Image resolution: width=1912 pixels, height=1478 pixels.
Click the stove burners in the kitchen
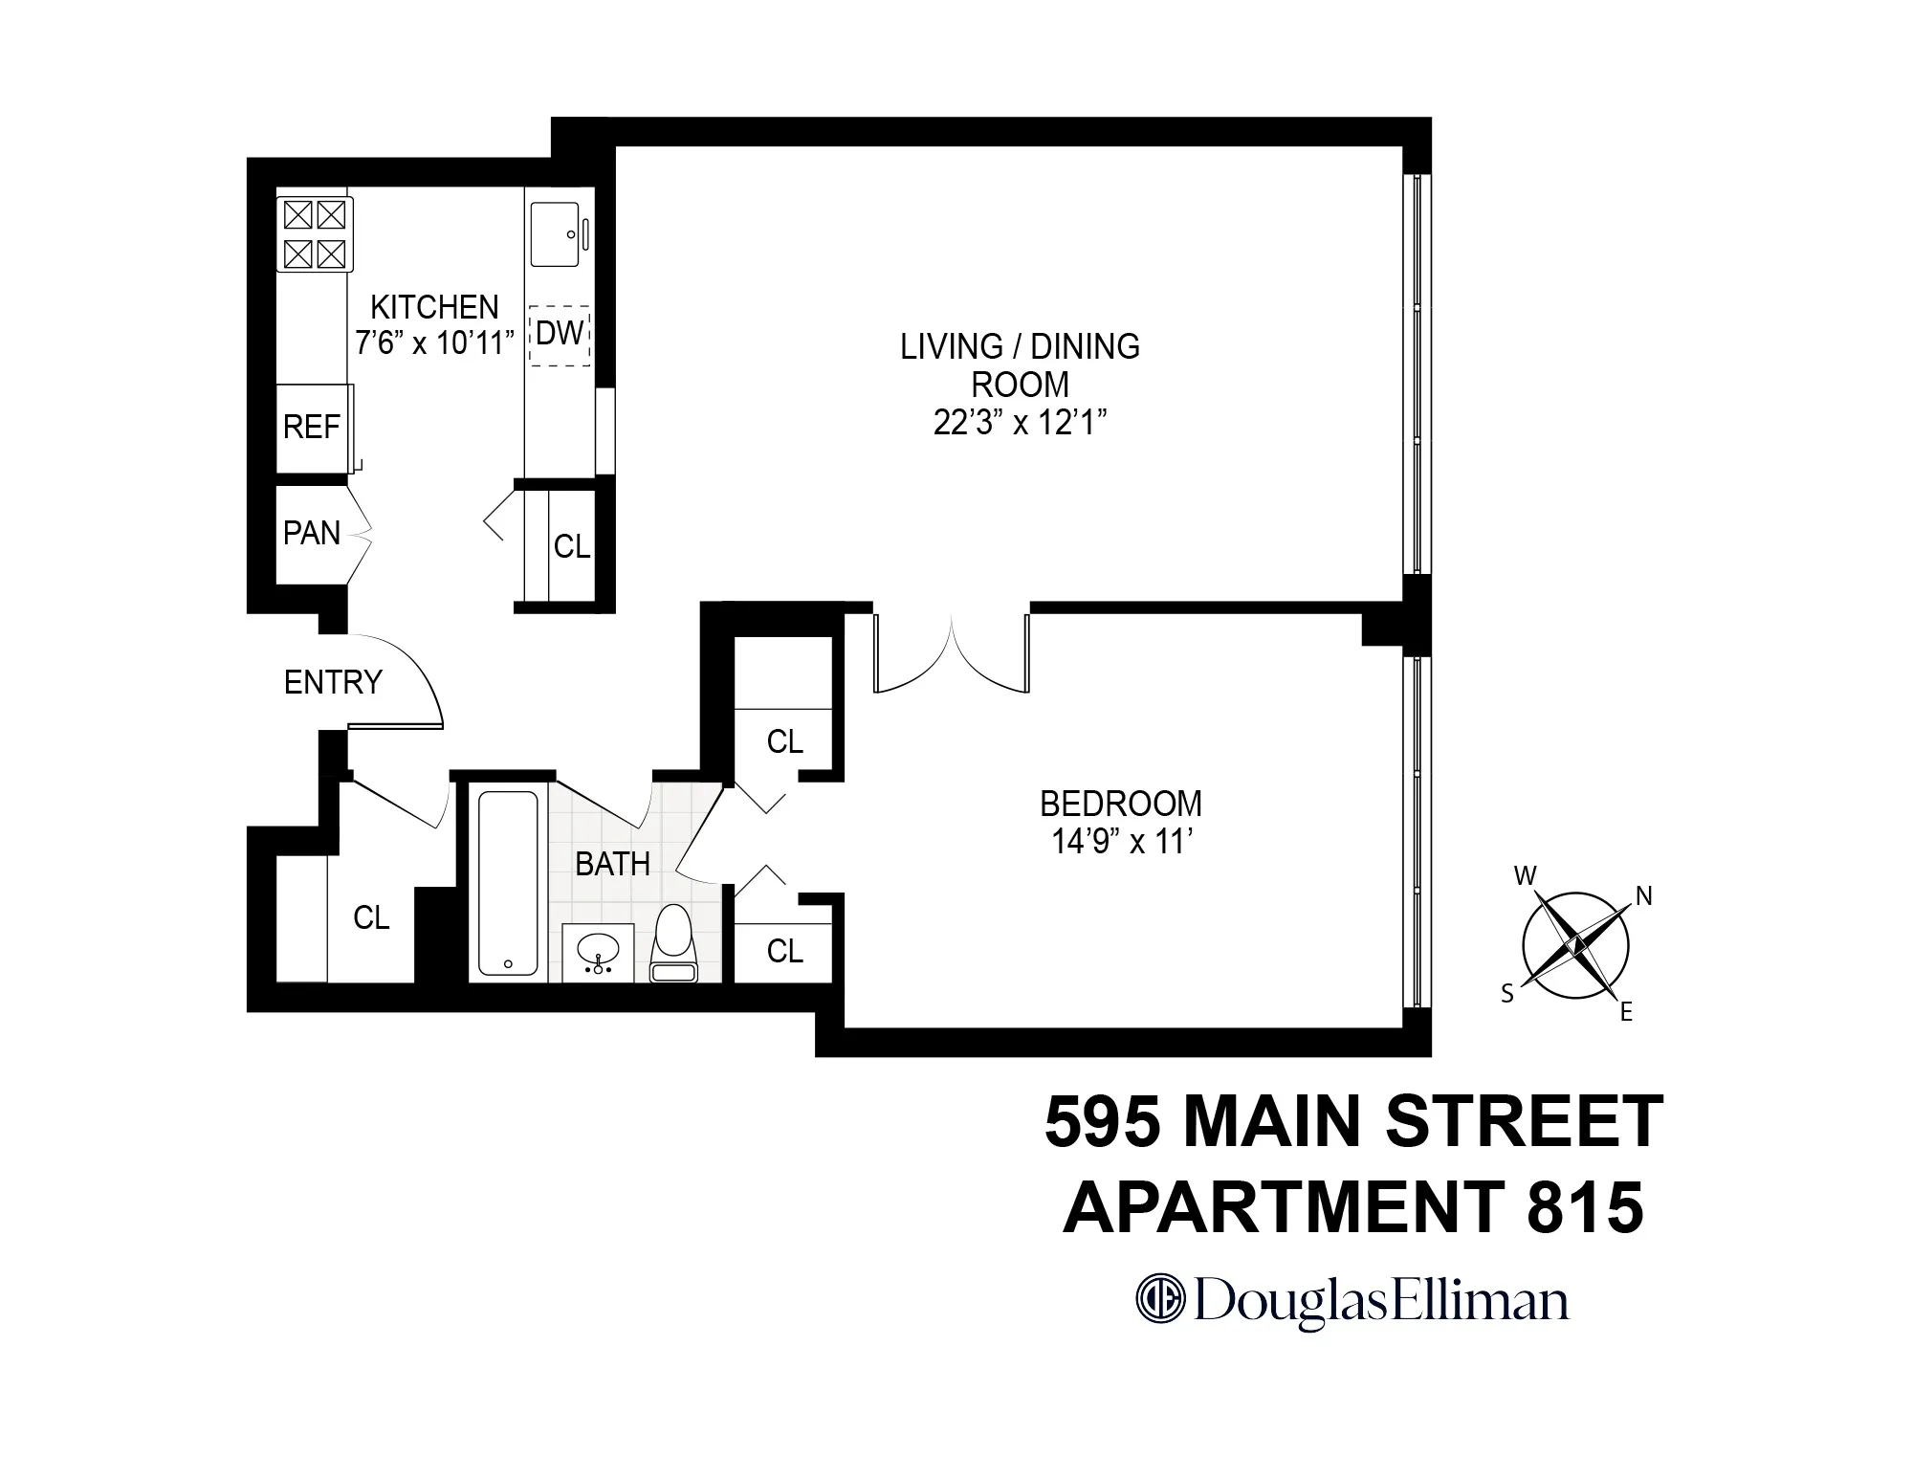coord(315,234)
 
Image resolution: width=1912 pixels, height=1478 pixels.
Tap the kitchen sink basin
coord(554,234)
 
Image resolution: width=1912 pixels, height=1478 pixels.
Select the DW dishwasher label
coord(560,334)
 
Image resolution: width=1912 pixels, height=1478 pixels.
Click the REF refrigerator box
coord(312,427)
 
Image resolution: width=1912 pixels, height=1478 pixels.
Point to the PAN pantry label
coord(312,533)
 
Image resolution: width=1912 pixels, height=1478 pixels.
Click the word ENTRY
coord(333,682)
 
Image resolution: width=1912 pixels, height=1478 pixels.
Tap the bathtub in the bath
coord(507,882)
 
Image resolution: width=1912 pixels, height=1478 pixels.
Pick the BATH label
coord(612,865)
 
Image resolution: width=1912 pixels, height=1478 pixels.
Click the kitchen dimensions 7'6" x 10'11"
coord(434,342)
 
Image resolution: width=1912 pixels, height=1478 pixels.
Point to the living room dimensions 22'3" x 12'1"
coord(1020,423)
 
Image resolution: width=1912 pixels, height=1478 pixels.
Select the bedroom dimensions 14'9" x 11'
coord(1120,842)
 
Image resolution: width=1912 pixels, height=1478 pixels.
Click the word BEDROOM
coord(1120,804)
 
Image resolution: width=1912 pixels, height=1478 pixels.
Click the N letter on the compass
coord(1644,896)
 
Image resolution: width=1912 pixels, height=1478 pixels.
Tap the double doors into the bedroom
coord(952,652)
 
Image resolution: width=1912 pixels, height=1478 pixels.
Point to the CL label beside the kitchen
coord(572,546)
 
